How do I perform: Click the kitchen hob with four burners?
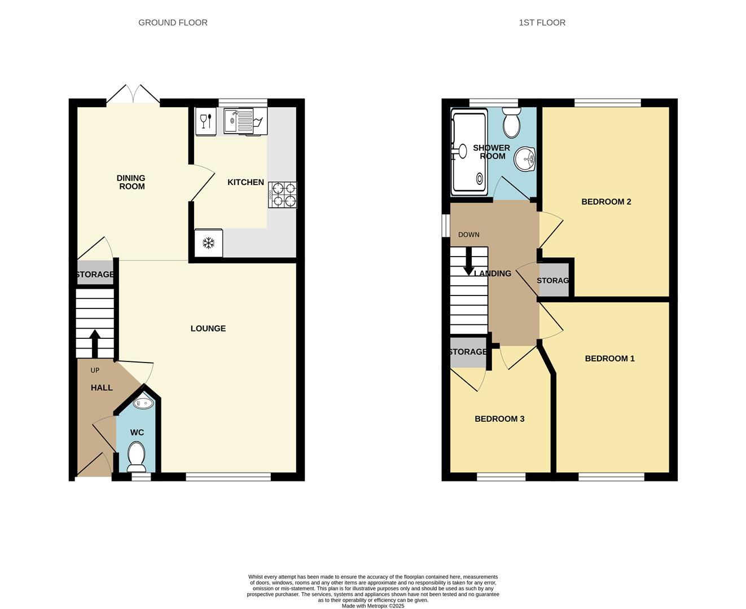(x=282, y=195)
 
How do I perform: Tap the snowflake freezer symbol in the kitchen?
(x=208, y=243)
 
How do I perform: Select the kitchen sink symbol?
(x=239, y=121)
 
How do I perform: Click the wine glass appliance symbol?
(x=206, y=121)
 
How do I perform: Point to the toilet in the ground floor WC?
(x=136, y=456)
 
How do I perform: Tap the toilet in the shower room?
(x=511, y=123)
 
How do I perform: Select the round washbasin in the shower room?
(x=525, y=160)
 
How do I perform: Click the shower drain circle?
(x=480, y=179)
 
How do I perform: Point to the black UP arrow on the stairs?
(x=94, y=344)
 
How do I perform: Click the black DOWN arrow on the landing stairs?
(x=469, y=261)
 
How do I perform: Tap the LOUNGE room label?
(x=208, y=328)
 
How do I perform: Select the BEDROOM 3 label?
(x=499, y=419)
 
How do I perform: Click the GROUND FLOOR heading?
(x=173, y=23)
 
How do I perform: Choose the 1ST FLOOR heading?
(x=542, y=23)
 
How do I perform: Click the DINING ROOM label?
(x=131, y=182)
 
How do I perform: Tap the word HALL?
(x=102, y=388)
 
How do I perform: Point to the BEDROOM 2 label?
(x=606, y=202)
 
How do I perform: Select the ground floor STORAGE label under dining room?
(x=95, y=274)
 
